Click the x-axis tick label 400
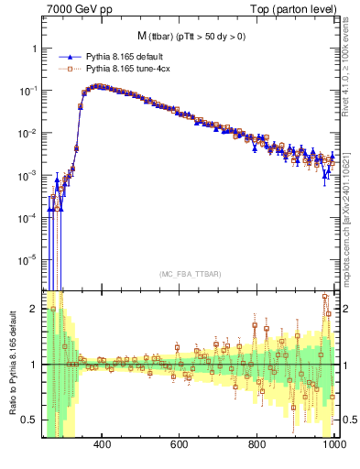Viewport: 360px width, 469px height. click(x=103, y=444)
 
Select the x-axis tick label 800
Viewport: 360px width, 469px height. click(x=257, y=444)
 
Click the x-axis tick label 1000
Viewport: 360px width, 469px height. click(x=333, y=444)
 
